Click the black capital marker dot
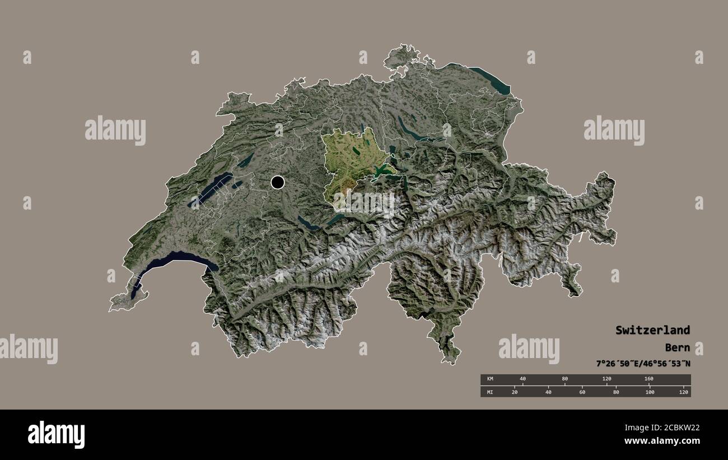tap(277, 182)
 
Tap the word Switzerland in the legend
tap(652, 330)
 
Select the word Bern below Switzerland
tap(678, 347)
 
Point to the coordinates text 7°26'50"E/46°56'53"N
tap(643, 364)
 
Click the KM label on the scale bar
tap(491, 379)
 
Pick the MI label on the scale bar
tap(491, 392)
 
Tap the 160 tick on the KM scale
tap(649, 379)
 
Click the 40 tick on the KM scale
tap(522, 379)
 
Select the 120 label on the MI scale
tap(683, 392)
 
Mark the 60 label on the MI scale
tap(582, 392)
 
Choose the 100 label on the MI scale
tap(650, 392)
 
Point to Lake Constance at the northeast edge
tap(490, 78)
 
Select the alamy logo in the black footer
tap(56, 434)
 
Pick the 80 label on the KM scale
tap(564, 379)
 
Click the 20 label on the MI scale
tap(515, 392)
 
